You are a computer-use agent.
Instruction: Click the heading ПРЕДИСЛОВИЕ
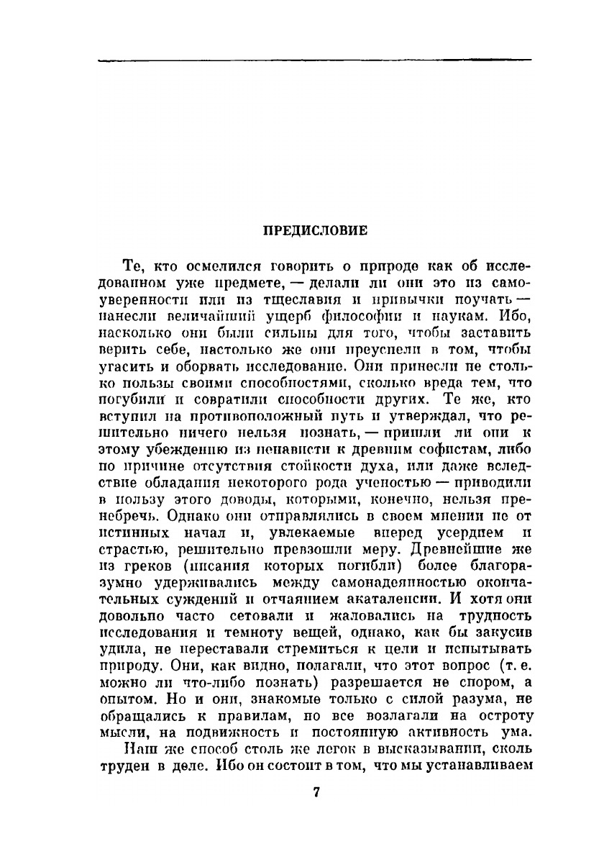click(315, 231)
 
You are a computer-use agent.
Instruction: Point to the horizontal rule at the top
click(314, 60)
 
